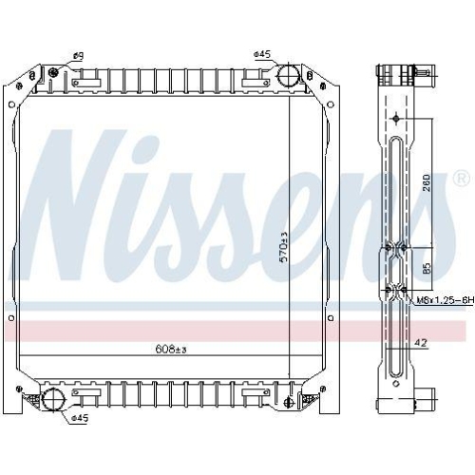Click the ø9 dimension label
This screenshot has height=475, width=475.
click(79, 56)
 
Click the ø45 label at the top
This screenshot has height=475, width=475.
click(263, 54)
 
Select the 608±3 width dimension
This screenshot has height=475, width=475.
click(172, 351)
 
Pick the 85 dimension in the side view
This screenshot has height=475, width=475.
click(427, 268)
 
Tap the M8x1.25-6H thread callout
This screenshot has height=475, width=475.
click(444, 300)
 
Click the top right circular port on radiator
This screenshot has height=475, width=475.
click(289, 74)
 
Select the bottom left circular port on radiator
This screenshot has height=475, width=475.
click(54, 398)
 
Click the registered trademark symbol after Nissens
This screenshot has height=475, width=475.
click(461, 179)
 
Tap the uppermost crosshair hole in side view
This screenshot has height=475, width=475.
click(395, 118)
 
